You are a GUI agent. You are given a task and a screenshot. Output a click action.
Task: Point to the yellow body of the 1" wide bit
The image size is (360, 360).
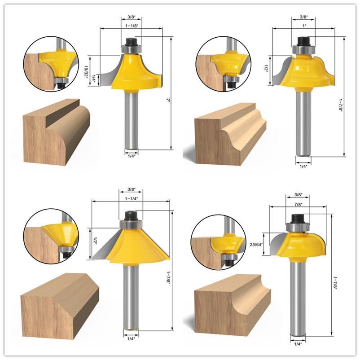[305, 72]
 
